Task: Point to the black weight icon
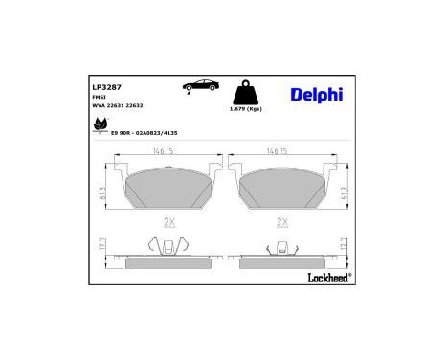(243, 95)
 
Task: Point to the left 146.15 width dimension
(168, 151)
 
